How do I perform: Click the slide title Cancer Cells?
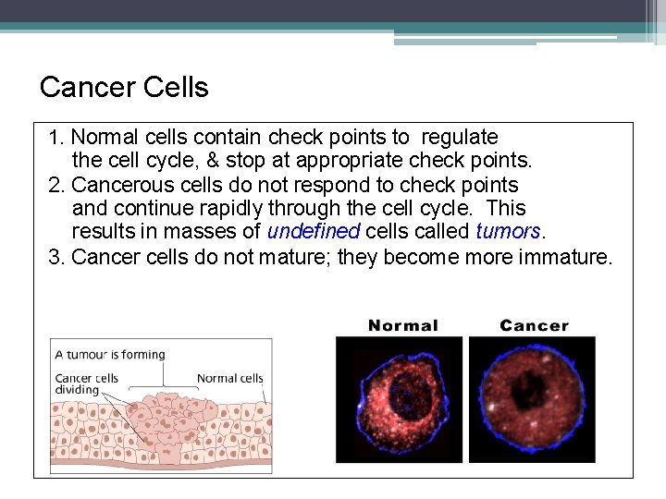click(x=124, y=88)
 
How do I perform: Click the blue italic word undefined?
click(x=314, y=232)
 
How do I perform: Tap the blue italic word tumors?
click(x=507, y=232)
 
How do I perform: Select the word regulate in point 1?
click(x=459, y=138)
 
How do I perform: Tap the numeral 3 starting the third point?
click(x=54, y=256)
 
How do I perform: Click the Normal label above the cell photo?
click(x=402, y=325)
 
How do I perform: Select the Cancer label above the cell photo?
click(x=534, y=325)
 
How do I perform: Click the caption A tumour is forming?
click(x=109, y=354)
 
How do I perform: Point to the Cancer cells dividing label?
click(x=86, y=383)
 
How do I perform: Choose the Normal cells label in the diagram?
click(x=229, y=378)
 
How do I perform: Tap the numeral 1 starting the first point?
click(x=54, y=138)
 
